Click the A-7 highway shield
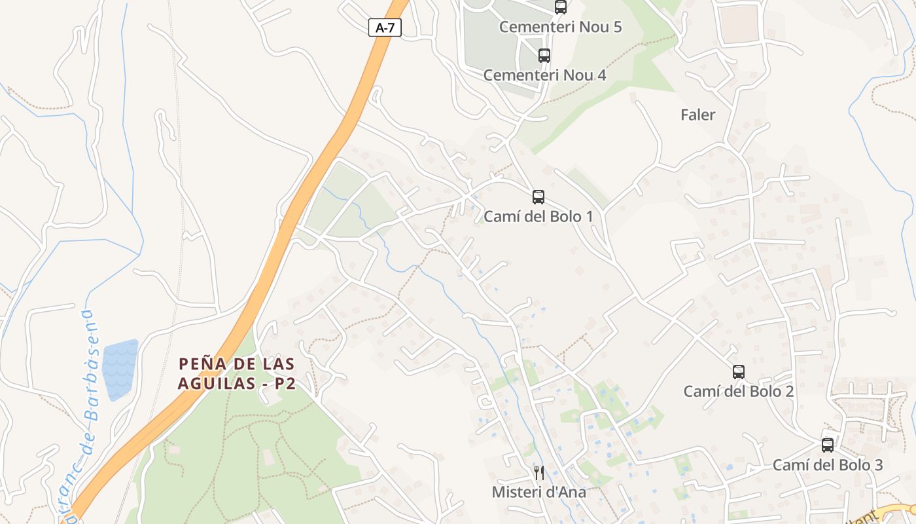[x=385, y=28]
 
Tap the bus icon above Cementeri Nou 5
[x=561, y=7]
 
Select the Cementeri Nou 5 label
[x=560, y=27]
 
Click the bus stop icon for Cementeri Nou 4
[x=544, y=56]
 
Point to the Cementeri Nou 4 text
[x=544, y=75]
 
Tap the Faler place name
[x=697, y=115]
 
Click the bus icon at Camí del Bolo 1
[x=538, y=196]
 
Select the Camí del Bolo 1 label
[x=538, y=216]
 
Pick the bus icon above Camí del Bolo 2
[x=739, y=372]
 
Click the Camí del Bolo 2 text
[x=739, y=391]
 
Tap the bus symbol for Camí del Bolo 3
[x=828, y=445]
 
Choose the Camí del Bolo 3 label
[x=828, y=465]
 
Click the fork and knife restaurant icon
[x=539, y=472]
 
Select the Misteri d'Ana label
[x=539, y=492]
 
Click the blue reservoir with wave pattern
[x=120, y=369]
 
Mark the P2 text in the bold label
[x=285, y=384]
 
